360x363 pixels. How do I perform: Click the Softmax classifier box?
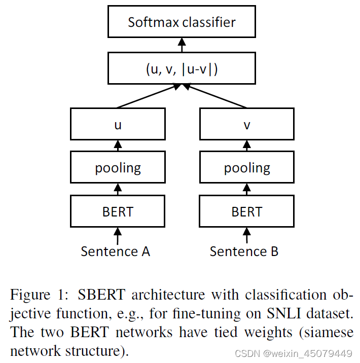(182, 22)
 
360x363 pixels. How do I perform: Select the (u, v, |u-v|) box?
(182, 69)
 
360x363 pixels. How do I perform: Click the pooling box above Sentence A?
(118, 168)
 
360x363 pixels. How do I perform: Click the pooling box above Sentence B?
(247, 168)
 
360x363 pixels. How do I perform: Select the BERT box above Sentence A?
(118, 211)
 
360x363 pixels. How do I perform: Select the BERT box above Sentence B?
(247, 211)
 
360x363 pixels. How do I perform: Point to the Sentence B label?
(244, 251)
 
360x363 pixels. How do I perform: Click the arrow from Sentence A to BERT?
(118, 235)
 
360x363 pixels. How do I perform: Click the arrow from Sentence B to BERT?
(247, 235)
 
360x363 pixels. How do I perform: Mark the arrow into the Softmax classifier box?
(182, 46)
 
